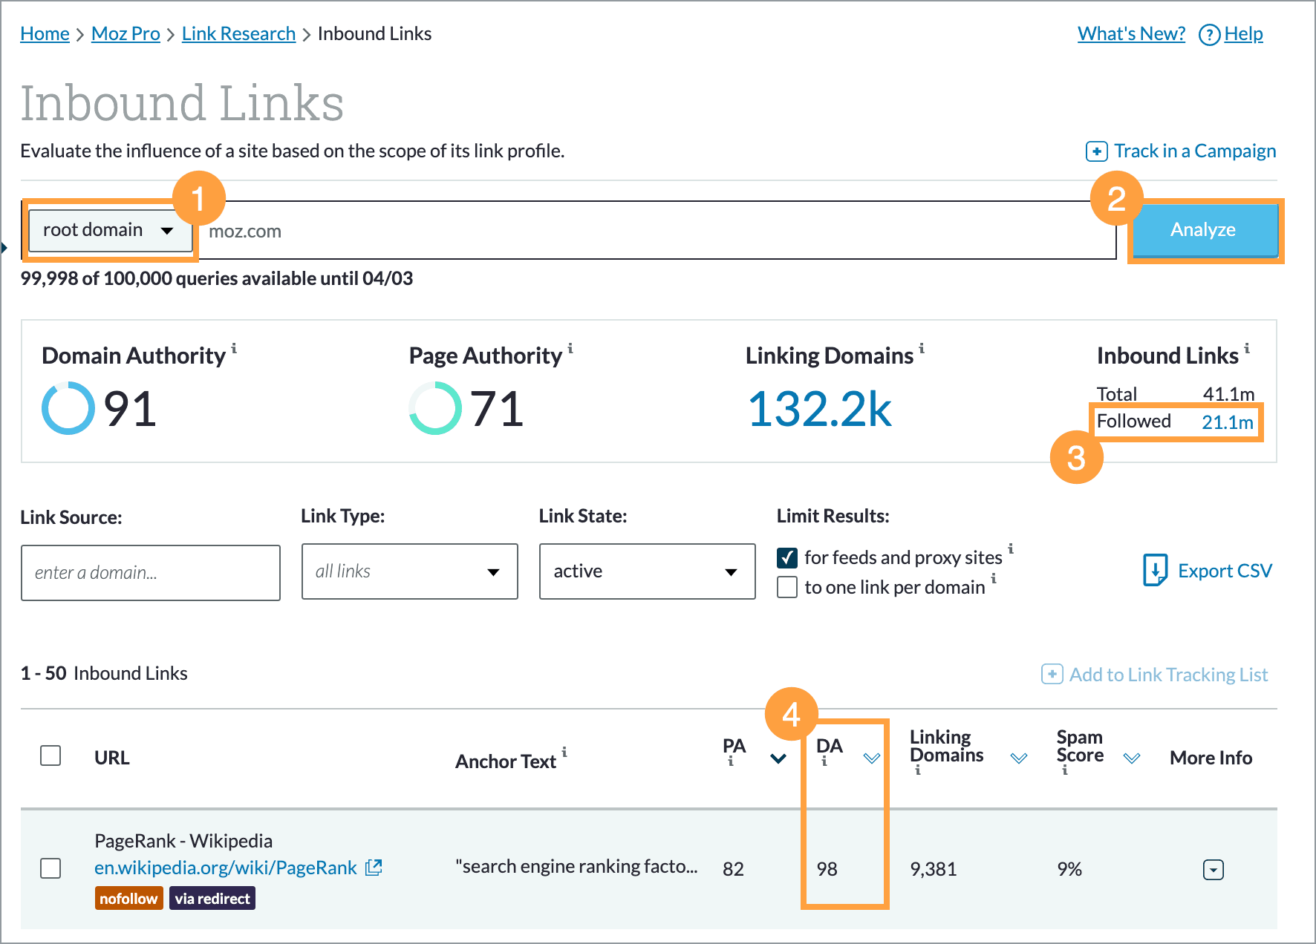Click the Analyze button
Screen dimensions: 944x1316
tap(1203, 230)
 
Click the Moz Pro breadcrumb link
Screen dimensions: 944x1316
tap(126, 34)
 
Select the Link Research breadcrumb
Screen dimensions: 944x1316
tap(238, 34)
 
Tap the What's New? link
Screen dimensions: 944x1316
tap(1131, 34)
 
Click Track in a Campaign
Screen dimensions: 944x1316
tap(1181, 151)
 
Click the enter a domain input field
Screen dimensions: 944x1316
tap(151, 572)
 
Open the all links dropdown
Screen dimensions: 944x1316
tap(409, 571)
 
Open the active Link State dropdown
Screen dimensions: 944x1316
tap(647, 571)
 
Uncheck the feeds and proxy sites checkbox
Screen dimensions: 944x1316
tap(787, 557)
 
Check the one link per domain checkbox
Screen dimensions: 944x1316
tap(787, 587)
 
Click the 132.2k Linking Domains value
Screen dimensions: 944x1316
tap(819, 409)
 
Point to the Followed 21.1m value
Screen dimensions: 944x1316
tap(1227, 422)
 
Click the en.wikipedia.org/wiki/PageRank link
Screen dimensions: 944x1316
tap(226, 868)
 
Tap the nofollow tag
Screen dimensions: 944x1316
tap(128, 899)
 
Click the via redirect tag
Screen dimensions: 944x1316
tap(212, 899)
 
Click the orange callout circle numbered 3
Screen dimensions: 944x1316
tap(1076, 457)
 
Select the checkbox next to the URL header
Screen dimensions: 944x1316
tap(51, 755)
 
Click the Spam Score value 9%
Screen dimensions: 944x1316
tap(1069, 869)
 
